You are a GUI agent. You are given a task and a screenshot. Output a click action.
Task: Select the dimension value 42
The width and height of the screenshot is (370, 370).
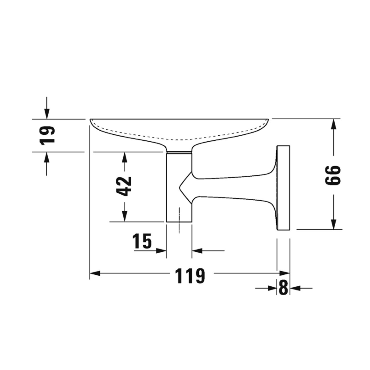(x=124, y=186)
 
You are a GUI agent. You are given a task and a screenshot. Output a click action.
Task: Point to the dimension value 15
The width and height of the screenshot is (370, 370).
(x=142, y=241)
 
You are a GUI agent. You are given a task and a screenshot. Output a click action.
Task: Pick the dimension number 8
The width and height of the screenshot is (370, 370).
(x=283, y=287)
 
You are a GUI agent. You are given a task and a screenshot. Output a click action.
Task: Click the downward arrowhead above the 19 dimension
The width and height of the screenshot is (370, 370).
(x=47, y=114)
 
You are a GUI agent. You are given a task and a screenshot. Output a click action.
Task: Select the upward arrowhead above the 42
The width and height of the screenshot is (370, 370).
(x=125, y=157)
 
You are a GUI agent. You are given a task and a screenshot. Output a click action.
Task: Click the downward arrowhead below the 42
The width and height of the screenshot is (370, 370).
(x=125, y=216)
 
